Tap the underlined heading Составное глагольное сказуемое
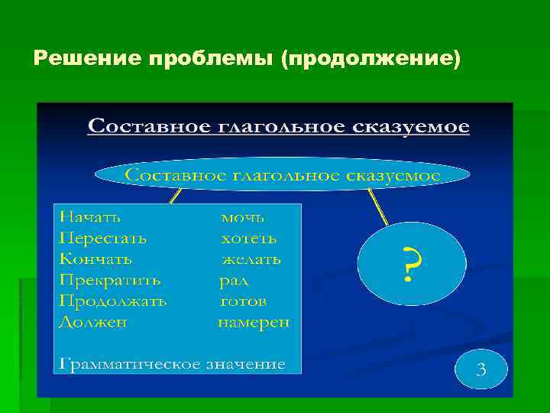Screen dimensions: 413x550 [279, 125]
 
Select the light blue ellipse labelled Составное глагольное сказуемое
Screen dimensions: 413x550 [282, 175]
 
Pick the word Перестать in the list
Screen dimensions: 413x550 [102, 238]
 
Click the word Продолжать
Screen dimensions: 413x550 [112, 301]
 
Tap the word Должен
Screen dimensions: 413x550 [92, 322]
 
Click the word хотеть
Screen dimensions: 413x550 [249, 238]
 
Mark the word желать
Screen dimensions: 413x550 [251, 259]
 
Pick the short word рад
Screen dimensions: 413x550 [233, 280]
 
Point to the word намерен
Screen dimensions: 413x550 [254, 322]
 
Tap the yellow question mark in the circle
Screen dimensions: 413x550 [412, 264]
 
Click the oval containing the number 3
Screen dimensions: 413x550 [480, 371]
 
